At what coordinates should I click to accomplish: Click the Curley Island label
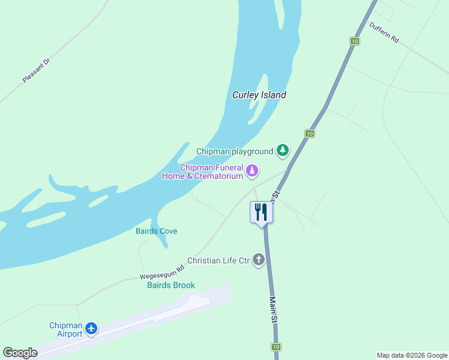(x=259, y=95)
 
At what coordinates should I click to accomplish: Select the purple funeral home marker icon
(x=253, y=171)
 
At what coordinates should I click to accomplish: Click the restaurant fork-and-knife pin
(x=261, y=212)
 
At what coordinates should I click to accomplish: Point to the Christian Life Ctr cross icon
(x=259, y=260)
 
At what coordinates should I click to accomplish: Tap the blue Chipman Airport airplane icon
(x=91, y=328)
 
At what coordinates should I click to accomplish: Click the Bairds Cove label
(x=156, y=231)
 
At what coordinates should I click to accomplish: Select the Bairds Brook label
(x=171, y=285)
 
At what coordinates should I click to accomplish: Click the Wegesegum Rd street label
(x=161, y=272)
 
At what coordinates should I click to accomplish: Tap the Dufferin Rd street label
(x=384, y=32)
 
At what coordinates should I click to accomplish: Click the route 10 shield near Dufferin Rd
(x=355, y=41)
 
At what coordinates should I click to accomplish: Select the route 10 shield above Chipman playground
(x=309, y=133)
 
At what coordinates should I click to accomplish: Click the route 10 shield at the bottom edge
(x=276, y=347)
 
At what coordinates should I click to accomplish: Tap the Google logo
(x=20, y=353)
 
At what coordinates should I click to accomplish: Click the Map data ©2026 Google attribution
(x=412, y=355)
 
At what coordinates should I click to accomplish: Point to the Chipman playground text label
(x=235, y=151)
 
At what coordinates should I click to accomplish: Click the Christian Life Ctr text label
(x=218, y=260)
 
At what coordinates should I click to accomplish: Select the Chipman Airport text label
(x=65, y=329)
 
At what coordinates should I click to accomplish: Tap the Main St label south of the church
(x=273, y=310)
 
